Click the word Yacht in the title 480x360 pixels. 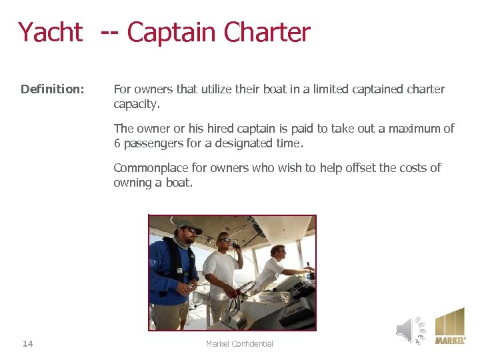[50, 32]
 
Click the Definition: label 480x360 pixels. [52, 89]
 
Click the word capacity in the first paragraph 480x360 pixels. [135, 104]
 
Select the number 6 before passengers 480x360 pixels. [117, 143]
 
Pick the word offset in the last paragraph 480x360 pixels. [359, 168]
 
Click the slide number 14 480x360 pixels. [27, 343]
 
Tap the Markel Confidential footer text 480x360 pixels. [239, 343]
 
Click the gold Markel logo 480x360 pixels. [450, 326]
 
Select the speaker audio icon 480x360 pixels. [410, 329]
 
